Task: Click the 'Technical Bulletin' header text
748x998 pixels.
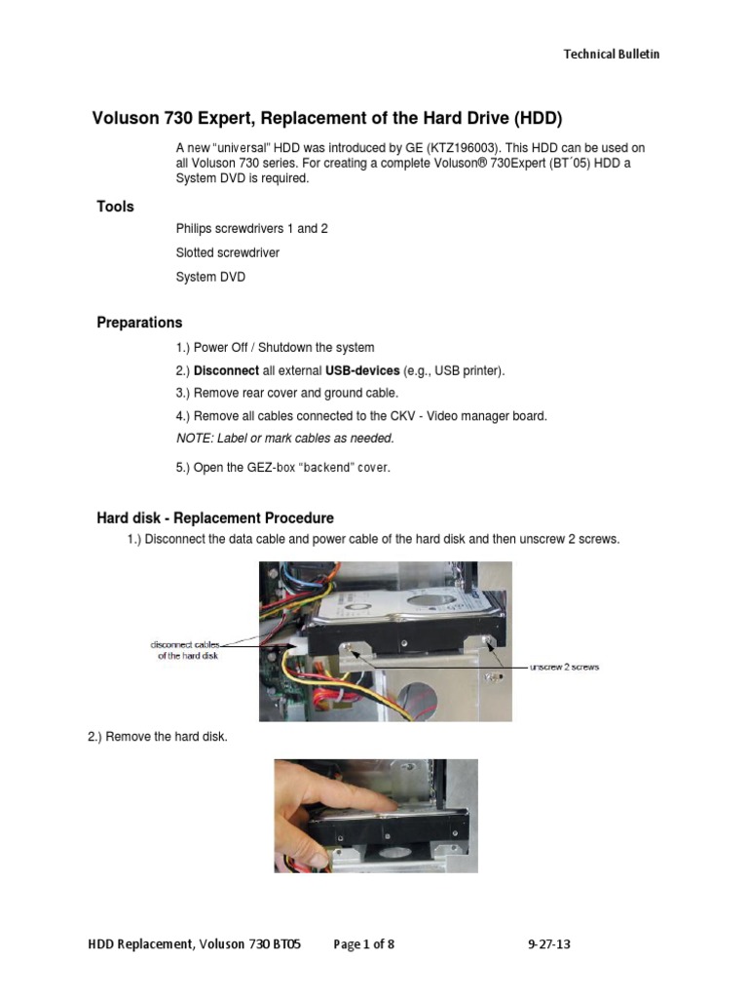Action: tap(612, 55)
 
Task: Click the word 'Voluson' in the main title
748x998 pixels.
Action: tap(124, 120)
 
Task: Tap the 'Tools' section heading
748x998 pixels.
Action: tap(115, 207)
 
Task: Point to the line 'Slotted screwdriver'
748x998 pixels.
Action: tap(228, 252)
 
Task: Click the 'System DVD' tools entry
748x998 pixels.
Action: tap(210, 277)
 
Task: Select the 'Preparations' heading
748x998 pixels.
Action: tap(139, 323)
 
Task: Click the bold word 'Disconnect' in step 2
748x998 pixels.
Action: tap(226, 371)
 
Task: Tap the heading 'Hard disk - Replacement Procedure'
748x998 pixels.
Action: tap(215, 518)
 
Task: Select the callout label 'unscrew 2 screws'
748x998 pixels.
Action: tap(564, 667)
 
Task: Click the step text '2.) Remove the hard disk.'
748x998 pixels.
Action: tap(158, 737)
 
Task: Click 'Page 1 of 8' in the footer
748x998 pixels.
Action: tap(364, 943)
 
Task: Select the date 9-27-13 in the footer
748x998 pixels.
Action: tap(550, 943)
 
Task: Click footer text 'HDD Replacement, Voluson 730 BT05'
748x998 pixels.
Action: tap(195, 943)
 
